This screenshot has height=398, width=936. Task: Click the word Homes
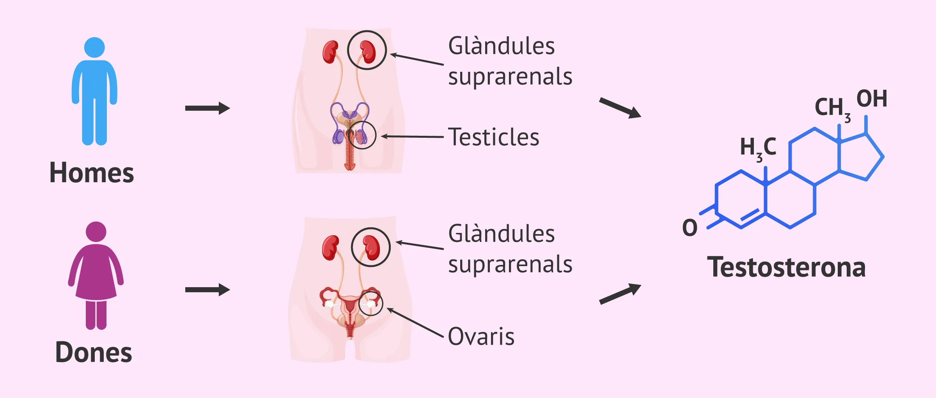(92, 173)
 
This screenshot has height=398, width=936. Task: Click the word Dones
(94, 352)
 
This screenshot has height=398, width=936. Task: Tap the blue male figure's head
(94, 47)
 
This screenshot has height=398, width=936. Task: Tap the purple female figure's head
(96, 232)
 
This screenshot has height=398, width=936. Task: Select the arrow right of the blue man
(207, 108)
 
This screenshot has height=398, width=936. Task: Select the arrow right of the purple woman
(207, 290)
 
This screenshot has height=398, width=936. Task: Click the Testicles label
(493, 137)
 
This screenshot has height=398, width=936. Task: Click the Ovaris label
(481, 336)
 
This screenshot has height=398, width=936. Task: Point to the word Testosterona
(786, 268)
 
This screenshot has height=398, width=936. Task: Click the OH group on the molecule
(872, 99)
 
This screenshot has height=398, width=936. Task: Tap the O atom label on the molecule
(690, 228)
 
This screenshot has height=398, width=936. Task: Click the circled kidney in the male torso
(367, 51)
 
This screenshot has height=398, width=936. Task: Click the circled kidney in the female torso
(371, 247)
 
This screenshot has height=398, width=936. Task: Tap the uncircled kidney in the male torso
(330, 52)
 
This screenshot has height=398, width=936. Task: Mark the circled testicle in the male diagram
(361, 136)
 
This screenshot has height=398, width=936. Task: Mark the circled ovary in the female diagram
(370, 303)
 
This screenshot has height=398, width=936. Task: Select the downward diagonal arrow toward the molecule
(620, 108)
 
